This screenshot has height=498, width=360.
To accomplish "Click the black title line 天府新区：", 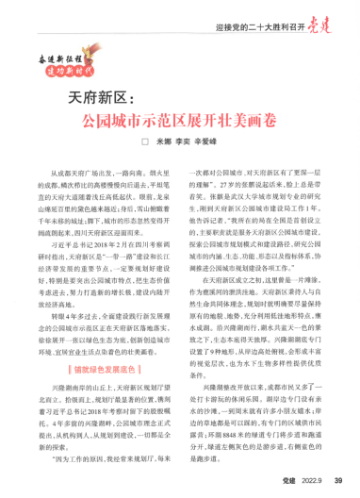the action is [106, 97].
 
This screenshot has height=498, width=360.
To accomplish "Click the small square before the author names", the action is [145, 144].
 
